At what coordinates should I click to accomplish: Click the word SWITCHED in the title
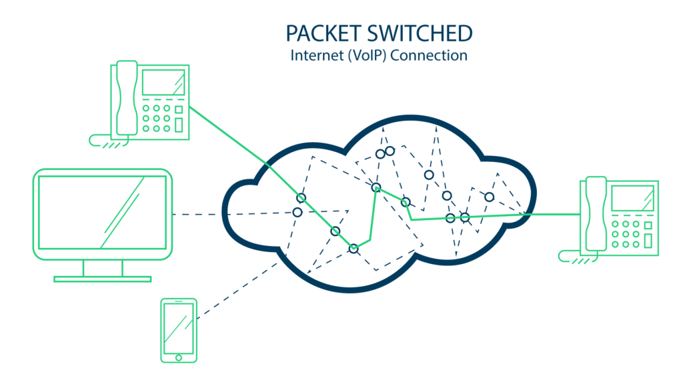click(420, 33)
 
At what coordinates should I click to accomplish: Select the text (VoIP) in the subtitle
click(366, 56)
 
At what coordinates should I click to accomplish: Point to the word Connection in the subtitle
click(429, 55)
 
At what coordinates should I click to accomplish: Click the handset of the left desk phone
click(127, 99)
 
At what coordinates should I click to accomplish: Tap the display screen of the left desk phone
click(163, 82)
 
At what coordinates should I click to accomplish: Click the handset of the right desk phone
click(596, 214)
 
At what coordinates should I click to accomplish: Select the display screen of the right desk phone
click(632, 198)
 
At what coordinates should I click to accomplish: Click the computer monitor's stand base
click(102, 279)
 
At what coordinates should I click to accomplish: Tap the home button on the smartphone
click(179, 357)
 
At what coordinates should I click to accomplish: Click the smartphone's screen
click(179, 329)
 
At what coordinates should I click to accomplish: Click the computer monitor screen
click(102, 213)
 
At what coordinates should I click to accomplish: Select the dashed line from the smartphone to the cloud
click(237, 291)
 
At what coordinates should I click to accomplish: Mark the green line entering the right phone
click(553, 214)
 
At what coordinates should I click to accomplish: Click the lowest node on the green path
click(354, 249)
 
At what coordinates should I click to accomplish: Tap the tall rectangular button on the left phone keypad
click(179, 125)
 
